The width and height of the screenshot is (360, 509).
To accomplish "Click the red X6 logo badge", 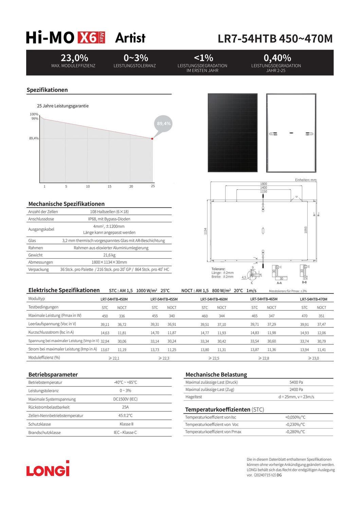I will point(91,38).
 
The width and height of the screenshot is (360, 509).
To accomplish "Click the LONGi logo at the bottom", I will point(48,469).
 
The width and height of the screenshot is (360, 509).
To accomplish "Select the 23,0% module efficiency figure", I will point(74,58).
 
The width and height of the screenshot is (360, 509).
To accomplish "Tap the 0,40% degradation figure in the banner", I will point(277,58).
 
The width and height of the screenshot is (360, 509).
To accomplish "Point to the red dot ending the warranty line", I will point(152,138).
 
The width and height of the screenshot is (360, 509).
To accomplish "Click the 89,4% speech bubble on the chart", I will point(164,124).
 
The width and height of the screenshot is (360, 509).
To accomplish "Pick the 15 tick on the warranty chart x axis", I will point(109,186).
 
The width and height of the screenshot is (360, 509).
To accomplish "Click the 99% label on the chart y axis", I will point(35,118).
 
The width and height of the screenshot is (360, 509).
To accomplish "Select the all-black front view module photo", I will point(233,133).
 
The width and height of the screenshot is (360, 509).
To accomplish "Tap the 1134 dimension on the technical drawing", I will point(205,231).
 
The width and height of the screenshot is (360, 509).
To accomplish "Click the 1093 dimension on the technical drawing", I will point(306,230).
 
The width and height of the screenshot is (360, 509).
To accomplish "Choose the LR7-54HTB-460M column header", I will point(214,299).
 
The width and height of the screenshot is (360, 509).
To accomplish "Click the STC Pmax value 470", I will point(304,316).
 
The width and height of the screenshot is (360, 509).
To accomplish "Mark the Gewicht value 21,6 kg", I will point(109,255).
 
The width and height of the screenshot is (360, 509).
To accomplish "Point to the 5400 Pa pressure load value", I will point(296,382).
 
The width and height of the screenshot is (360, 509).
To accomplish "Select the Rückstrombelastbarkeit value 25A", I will point(125,407).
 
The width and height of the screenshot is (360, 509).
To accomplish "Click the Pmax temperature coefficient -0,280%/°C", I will point(295,432).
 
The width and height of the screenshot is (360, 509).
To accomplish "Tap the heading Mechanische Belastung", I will point(216,375).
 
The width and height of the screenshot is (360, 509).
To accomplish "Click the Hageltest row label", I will point(194,397).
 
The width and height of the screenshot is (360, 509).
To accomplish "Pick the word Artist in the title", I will point(130,38).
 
